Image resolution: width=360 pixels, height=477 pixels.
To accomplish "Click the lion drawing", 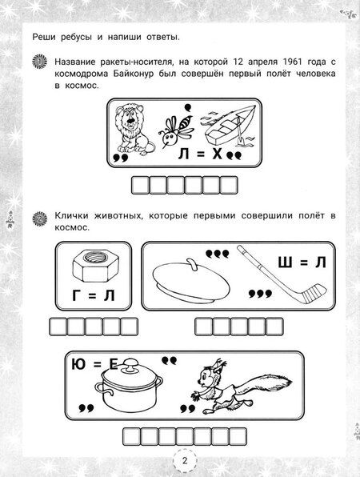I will tap(130, 128).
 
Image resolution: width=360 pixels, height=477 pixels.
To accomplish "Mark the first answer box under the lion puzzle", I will tap(138, 187).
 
